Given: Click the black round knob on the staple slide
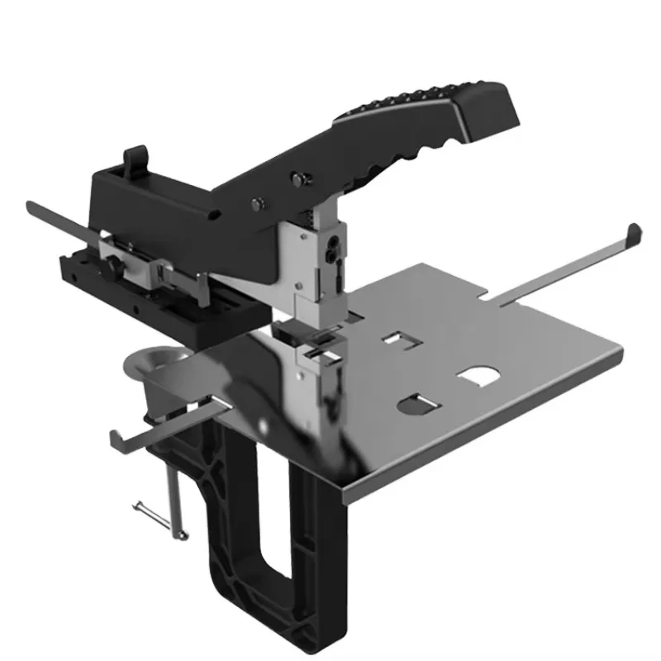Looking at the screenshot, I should [113, 265].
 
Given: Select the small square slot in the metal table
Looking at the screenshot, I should [398, 339].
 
